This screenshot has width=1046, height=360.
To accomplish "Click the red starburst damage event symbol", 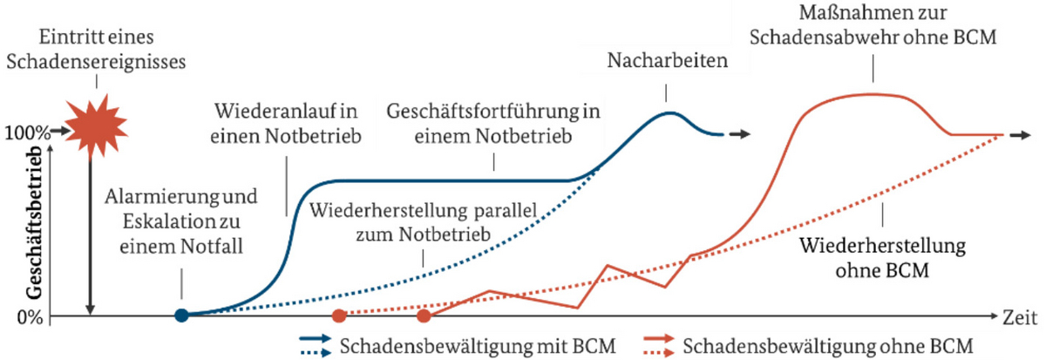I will click(x=90, y=128).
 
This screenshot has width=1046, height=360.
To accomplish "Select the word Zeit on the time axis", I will click(x=1022, y=316).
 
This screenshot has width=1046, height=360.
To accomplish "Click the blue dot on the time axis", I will click(x=180, y=316).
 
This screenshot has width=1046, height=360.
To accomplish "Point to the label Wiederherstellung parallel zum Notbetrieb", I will click(x=422, y=222).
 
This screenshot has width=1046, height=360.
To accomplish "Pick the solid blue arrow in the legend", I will click(x=318, y=338).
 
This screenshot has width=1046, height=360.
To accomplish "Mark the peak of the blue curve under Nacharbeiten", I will click(x=669, y=112).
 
